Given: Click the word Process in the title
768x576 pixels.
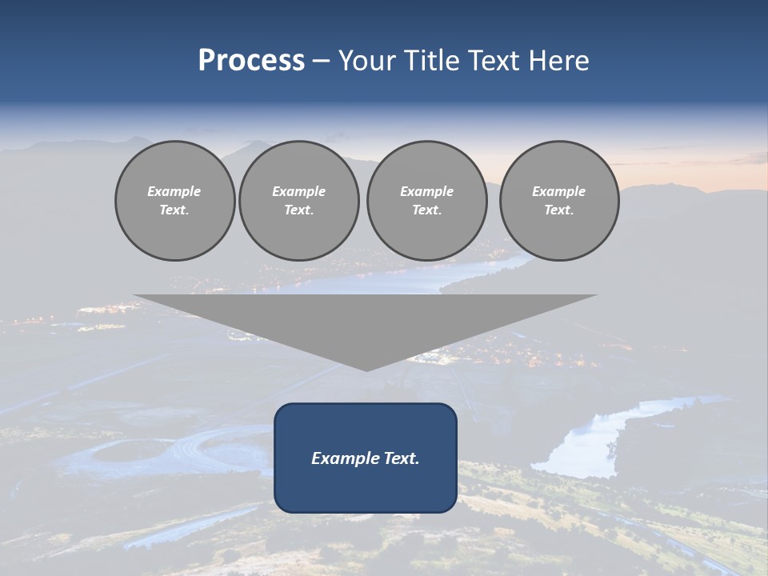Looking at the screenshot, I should tap(251, 61).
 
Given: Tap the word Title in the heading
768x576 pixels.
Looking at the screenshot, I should tap(430, 61).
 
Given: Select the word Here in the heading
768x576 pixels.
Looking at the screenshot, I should tap(560, 61).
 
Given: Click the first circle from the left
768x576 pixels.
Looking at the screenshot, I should tap(174, 201).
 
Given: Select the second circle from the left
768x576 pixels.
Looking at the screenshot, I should tap(298, 201).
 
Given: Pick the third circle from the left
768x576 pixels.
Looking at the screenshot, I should tap(426, 201).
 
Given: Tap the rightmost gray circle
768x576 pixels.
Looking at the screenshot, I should tap(559, 201).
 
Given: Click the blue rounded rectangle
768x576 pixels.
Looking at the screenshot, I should tap(366, 458).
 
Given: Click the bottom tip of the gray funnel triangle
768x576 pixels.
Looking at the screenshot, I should tap(366, 370).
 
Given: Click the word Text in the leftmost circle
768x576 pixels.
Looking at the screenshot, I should tap(174, 210).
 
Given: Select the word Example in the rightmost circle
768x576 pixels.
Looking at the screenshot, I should tap(559, 191).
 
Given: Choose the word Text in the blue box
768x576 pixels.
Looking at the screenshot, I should tap(401, 458).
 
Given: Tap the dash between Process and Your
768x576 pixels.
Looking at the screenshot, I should tap(322, 61).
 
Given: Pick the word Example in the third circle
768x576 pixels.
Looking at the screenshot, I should tap(426, 191).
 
